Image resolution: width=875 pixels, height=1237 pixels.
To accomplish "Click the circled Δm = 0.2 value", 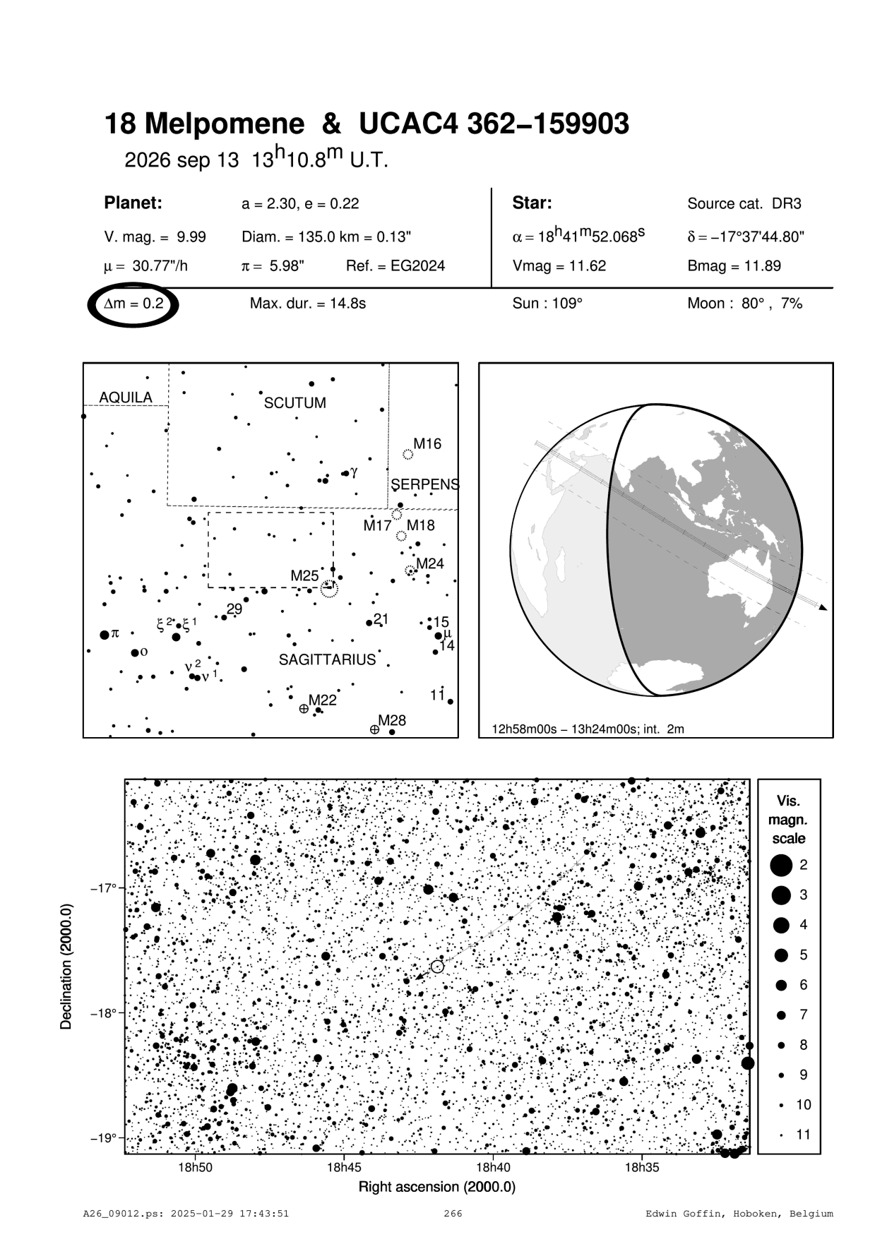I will (133, 304).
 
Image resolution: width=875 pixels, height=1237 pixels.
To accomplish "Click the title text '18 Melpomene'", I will (204, 125).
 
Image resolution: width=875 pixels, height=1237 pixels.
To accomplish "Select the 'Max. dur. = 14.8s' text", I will (307, 304).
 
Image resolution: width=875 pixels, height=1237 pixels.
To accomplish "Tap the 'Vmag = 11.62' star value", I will (559, 266).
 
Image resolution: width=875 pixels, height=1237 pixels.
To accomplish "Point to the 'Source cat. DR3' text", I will (744, 204).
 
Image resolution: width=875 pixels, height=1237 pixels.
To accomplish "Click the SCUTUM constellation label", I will (294, 403).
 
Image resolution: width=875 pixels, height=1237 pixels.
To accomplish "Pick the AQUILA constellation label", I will (125, 398).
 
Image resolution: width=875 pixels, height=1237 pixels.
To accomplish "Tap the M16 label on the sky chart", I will (427, 444).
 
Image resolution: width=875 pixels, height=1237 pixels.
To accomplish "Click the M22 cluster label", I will (323, 700).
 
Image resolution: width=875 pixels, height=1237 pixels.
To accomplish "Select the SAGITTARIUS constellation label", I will (327, 660).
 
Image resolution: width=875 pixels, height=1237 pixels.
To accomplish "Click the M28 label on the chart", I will (392, 721).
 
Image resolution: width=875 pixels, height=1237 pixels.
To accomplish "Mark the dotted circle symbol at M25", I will (329, 588).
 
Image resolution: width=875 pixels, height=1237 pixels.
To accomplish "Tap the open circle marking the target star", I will (437, 967).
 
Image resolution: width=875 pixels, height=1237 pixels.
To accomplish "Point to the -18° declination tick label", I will (102, 1013).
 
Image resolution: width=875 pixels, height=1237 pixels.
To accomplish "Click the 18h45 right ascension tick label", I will (343, 1167).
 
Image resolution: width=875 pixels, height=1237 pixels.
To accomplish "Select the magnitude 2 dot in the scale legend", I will (781, 864).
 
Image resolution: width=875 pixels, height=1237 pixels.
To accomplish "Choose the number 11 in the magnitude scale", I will (803, 1135).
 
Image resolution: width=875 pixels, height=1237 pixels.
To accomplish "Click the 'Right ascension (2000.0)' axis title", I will (436, 1187).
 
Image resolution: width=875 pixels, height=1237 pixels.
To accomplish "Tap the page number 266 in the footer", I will (453, 1214).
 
